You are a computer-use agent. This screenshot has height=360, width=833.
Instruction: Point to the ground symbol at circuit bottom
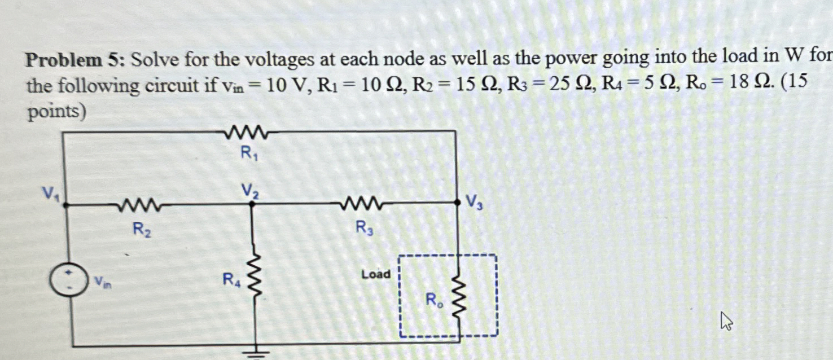coord(257,352)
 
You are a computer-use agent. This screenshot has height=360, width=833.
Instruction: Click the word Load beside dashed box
coord(376,275)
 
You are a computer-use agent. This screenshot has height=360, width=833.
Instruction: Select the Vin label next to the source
coord(103,280)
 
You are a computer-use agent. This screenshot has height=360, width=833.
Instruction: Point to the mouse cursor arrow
coord(726,323)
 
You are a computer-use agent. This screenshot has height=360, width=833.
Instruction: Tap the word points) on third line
coord(56,112)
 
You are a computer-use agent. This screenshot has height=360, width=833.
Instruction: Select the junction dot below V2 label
coord(252,205)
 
